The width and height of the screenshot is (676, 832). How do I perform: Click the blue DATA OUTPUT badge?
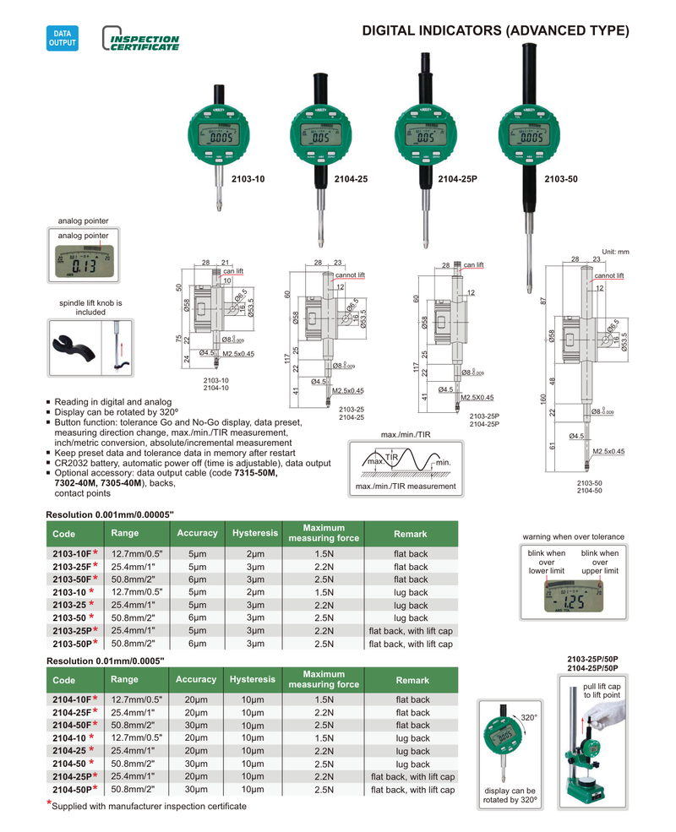point(62,38)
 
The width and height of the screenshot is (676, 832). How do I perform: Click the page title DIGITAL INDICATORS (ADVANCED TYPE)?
point(495,31)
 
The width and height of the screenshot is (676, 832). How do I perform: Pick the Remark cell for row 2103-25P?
point(411,630)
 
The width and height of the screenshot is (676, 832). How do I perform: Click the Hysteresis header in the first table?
point(254,534)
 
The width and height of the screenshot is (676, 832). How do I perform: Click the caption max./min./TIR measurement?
point(405,487)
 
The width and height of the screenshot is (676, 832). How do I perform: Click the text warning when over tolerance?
point(573,536)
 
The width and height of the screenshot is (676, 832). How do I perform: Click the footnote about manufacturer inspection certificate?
point(149,807)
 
